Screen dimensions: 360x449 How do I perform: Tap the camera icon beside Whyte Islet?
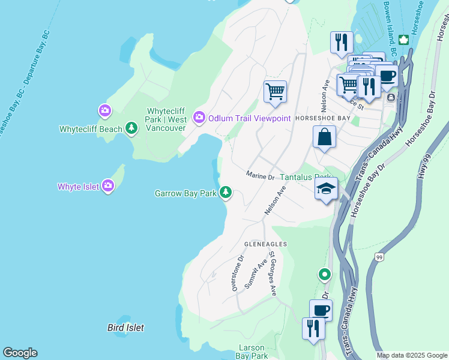[108, 186]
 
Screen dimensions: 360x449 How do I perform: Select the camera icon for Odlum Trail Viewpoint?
[199, 117]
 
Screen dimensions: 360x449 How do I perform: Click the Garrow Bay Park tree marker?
[225, 193]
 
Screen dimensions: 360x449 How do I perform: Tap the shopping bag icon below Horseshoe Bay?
[324, 137]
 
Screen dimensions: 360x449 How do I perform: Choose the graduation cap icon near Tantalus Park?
[327, 190]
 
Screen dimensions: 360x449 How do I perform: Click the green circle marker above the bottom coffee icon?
[325, 275]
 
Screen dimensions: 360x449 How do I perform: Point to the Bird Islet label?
[125, 328]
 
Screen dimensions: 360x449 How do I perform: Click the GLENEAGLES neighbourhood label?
[265, 245]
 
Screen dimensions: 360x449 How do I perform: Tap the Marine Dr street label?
[260, 176]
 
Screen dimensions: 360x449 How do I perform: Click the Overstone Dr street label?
[237, 274]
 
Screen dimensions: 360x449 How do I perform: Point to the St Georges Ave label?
[272, 274]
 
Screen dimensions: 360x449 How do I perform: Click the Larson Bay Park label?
[252, 352]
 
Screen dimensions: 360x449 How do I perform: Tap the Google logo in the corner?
[20, 353]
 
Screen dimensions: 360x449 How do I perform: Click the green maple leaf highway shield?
[403, 40]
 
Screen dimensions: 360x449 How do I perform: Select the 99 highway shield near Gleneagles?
[379, 257]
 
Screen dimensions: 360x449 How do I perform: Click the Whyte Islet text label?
[77, 187]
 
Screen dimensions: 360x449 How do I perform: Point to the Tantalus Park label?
[305, 178]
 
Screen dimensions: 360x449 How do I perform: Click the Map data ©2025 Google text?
[412, 355]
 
